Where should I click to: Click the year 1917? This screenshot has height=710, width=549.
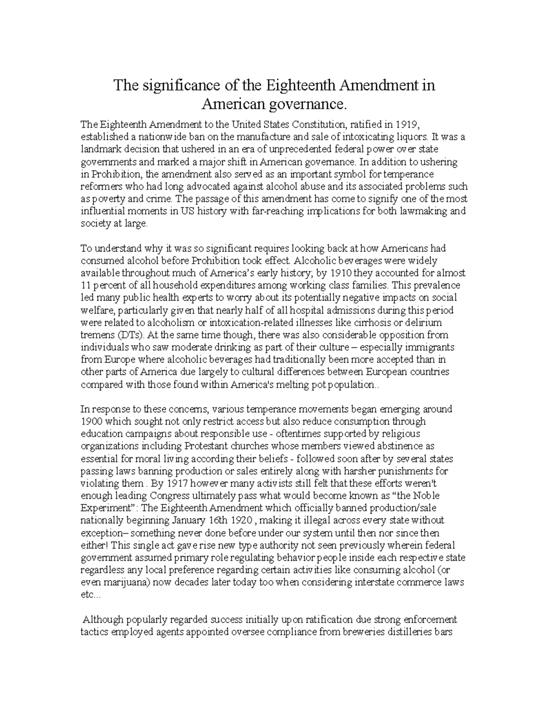click(x=177, y=483)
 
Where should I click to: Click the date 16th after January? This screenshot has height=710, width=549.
click(x=220, y=520)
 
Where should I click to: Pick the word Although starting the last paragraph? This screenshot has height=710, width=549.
click(x=103, y=620)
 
